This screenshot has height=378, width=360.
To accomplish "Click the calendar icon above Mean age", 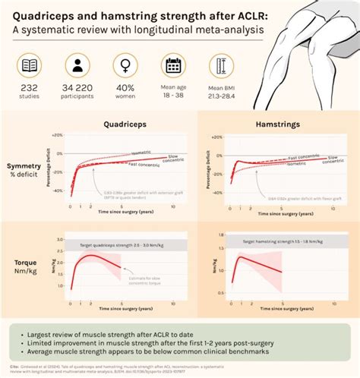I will point(173,65).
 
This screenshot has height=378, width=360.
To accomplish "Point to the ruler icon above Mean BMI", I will point(221,65).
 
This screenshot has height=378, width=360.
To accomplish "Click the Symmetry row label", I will point(24,166).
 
